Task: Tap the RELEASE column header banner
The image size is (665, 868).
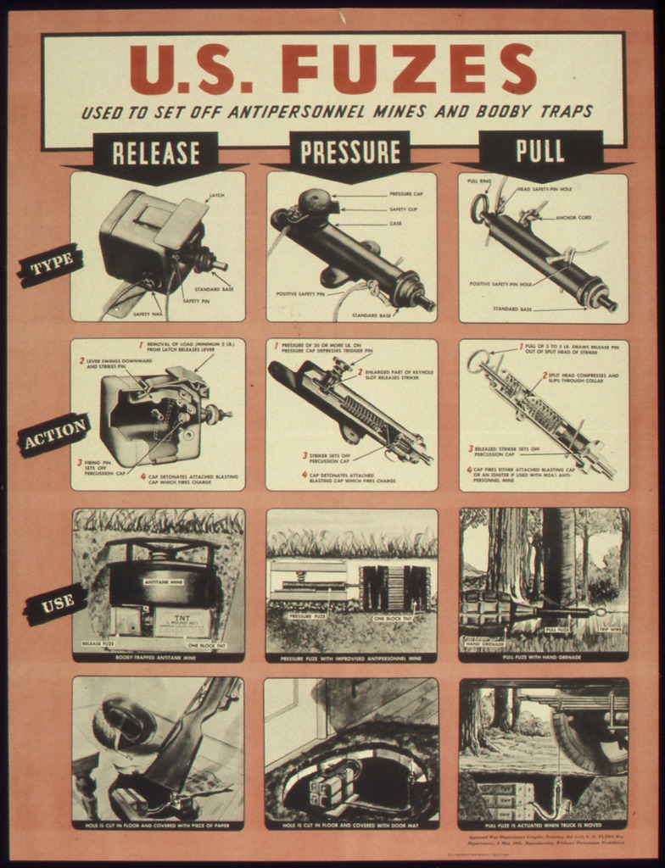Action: point(156,153)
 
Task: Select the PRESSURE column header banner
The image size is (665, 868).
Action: point(349,152)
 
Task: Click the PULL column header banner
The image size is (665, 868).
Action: point(540,150)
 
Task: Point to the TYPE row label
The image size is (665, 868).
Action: point(52,267)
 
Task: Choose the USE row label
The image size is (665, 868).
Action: point(58,603)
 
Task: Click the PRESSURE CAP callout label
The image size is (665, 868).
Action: point(406,194)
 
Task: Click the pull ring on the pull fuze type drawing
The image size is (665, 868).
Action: point(479,209)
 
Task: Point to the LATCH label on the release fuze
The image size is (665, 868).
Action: point(216,197)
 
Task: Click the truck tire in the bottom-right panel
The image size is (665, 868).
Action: point(585,737)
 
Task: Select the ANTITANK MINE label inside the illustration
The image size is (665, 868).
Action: point(164,582)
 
